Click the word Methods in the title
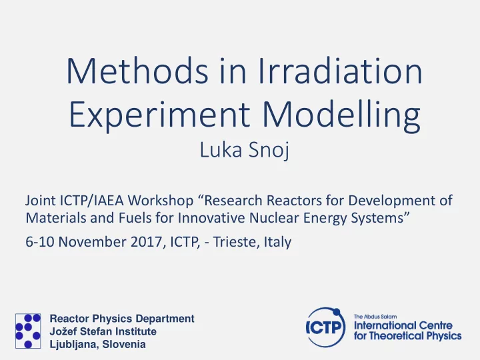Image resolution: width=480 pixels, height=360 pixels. [137, 71]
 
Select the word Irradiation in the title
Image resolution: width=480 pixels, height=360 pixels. [341, 71]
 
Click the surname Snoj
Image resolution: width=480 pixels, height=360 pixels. [269, 150]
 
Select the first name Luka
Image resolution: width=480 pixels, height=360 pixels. [221, 150]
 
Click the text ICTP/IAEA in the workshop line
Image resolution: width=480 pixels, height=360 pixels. [92, 201]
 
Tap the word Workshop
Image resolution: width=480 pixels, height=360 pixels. [161, 201]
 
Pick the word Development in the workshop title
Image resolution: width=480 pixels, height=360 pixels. [396, 201]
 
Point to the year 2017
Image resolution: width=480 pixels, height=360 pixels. [146, 242]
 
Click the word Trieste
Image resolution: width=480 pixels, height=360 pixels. [235, 242]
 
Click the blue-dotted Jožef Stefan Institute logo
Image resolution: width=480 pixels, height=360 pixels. [28, 331]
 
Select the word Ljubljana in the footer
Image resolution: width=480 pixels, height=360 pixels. [73, 345]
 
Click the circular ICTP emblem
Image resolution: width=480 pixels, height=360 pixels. [326, 327]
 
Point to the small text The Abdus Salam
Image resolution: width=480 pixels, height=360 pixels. [375, 317]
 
